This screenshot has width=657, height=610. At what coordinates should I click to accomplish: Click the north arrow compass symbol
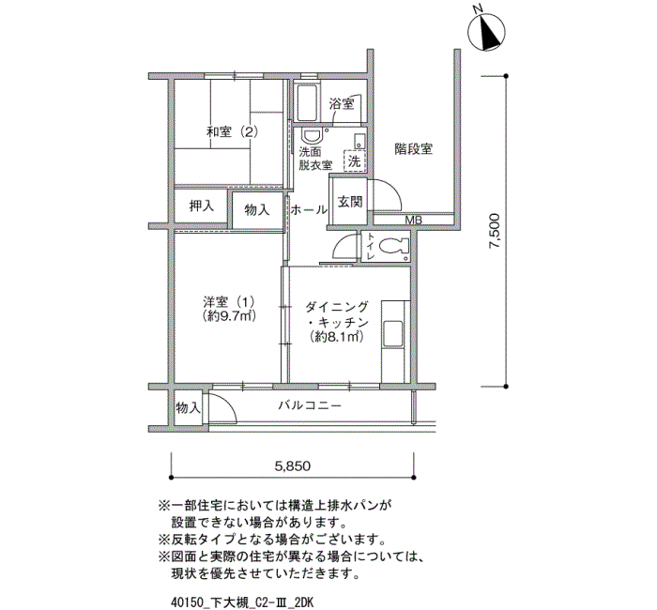[485, 32]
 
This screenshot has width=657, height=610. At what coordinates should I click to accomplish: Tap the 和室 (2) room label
[232, 132]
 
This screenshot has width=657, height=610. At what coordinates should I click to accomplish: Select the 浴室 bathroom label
[342, 103]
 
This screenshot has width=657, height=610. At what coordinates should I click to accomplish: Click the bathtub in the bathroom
[308, 101]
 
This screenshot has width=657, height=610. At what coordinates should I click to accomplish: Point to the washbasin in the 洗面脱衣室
[312, 136]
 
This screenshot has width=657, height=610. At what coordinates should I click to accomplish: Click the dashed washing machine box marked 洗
[355, 160]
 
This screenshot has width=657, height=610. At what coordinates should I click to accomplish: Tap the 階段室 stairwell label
[414, 148]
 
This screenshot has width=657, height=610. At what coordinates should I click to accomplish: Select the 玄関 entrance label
[350, 202]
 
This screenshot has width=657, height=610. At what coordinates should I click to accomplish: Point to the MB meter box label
[413, 220]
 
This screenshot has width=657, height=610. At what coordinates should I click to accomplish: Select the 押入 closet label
[202, 206]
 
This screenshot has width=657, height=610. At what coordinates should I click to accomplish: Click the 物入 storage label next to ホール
[257, 209]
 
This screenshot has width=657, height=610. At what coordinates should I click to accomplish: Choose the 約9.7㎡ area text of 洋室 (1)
[229, 315]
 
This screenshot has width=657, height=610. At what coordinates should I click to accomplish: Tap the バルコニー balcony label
[310, 405]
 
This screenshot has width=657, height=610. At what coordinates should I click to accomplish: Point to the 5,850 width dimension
[293, 465]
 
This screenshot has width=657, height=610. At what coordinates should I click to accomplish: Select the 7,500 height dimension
[495, 231]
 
